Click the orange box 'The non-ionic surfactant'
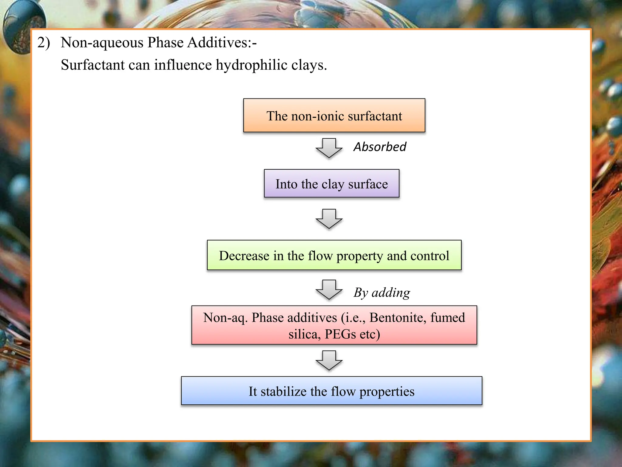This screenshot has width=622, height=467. [334, 116]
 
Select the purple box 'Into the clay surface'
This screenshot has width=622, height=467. [332, 184]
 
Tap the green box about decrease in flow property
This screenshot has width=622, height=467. [334, 255]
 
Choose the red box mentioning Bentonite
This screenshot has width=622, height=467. [334, 325]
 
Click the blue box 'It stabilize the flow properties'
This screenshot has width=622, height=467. [331, 391]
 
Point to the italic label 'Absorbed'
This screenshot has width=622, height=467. [380, 147]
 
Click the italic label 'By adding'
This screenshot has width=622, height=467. [382, 292]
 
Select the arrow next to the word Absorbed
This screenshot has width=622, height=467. [329, 148]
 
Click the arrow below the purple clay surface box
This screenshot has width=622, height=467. [329, 219]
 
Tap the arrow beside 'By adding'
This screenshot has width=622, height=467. [329, 289]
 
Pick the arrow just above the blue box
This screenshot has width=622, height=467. [329, 360]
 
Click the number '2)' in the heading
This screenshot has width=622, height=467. [43, 43]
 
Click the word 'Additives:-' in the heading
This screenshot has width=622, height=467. [222, 43]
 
